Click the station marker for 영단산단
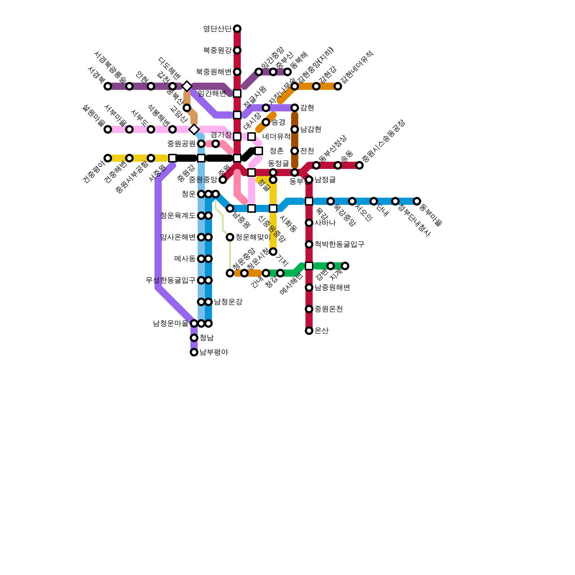(237, 29)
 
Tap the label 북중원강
(217, 50)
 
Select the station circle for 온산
(309, 331)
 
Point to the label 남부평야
(214, 352)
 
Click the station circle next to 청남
(194, 338)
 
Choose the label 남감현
(310, 129)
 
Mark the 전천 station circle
(295, 151)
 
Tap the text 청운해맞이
(253, 237)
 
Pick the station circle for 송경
(266, 122)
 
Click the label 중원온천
(328, 309)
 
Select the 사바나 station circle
(309, 223)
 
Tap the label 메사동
(185, 259)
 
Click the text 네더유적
(276, 137)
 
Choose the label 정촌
(276, 151)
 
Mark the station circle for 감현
(295, 108)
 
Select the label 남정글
(325, 180)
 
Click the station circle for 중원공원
(201, 144)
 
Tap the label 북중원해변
(213, 72)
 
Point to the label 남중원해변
(332, 287)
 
